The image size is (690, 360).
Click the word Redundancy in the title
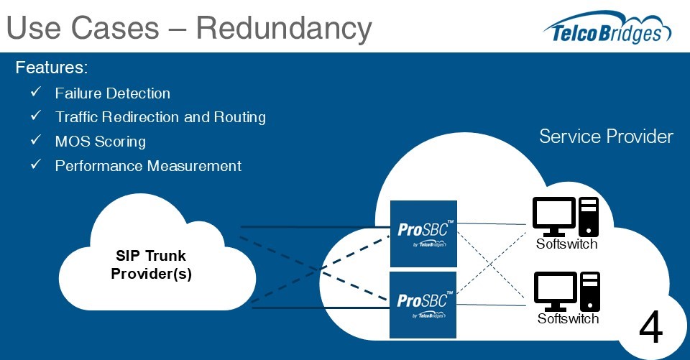284,28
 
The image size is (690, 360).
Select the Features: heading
52,68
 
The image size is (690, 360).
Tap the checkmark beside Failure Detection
36,93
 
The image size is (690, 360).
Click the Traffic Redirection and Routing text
160,116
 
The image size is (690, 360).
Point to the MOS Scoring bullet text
100,141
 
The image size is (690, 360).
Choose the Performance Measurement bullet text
148,166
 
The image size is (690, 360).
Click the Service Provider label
606,137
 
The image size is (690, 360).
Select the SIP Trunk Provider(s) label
151,265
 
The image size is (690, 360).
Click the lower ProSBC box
423,305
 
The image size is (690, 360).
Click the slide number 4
650,329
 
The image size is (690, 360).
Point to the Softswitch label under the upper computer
566,244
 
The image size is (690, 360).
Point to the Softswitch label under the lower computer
568,318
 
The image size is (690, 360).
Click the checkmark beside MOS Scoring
36,141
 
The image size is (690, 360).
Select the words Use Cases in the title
82,28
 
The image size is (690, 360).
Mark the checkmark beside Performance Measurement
36,165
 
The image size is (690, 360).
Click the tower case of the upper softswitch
589,216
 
